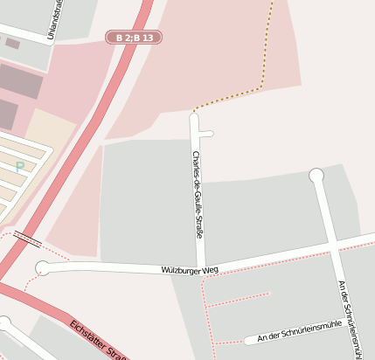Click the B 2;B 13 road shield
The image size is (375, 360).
[134, 38]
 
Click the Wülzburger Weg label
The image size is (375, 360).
[190, 271]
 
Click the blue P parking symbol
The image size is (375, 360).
[19, 167]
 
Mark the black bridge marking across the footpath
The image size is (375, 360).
[27, 238]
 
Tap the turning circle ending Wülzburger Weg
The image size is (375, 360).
[42, 267]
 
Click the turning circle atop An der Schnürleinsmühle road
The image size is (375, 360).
[316, 176]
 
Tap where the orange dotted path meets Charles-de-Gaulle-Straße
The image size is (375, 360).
[194, 112]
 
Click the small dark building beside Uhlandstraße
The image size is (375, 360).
[12, 42]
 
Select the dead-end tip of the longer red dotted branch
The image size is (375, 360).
[269, 294]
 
